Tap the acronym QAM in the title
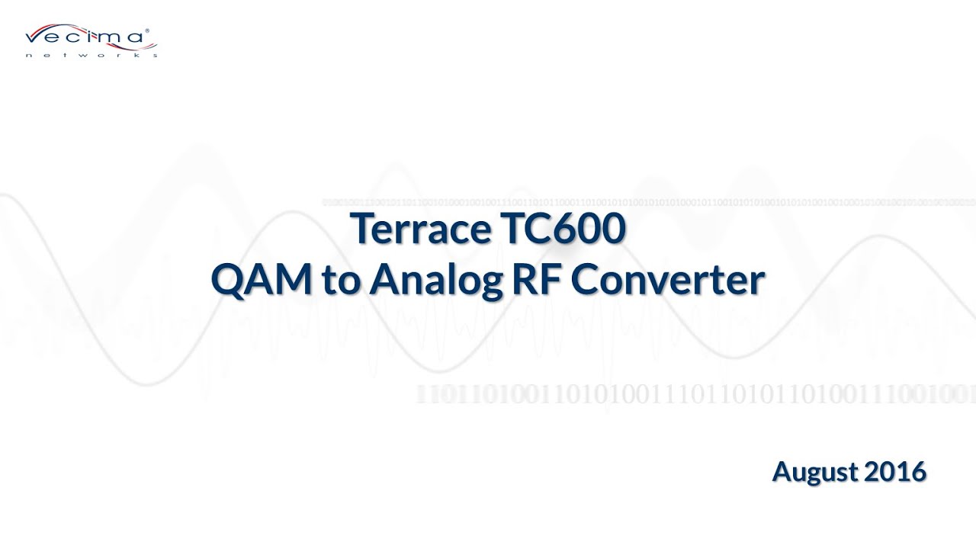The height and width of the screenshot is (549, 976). (x=262, y=280)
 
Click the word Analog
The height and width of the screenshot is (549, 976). (x=434, y=281)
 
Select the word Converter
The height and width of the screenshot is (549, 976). (x=667, y=280)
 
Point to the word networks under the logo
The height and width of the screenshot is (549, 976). (x=91, y=55)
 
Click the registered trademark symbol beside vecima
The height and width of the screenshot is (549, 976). (x=146, y=31)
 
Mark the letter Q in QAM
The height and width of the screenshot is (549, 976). (x=228, y=280)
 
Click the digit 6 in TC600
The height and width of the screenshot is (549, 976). (x=563, y=229)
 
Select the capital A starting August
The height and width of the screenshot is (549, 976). (x=782, y=471)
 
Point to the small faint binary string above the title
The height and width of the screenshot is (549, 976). (x=648, y=202)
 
